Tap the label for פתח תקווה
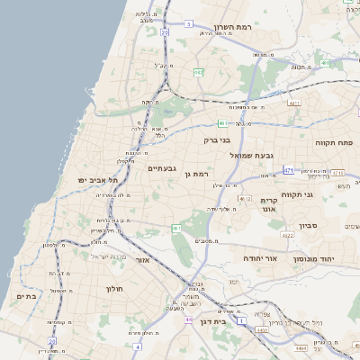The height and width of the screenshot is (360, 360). point(332,142)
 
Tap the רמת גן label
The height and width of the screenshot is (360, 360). point(195,174)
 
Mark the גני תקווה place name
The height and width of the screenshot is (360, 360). point(321,193)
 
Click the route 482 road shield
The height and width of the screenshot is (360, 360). point(197,72)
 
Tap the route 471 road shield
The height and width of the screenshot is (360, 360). point(288,169)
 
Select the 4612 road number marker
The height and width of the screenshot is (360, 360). point(244,198)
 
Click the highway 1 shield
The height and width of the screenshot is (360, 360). point(241,319)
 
